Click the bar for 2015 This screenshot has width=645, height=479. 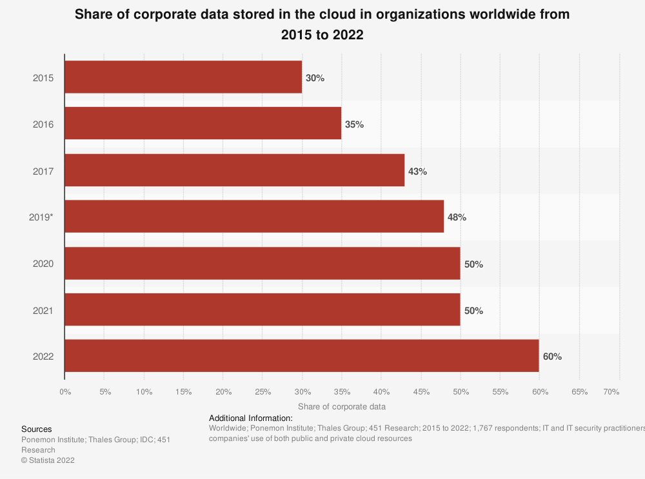183,77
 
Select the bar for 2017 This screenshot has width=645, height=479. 235,170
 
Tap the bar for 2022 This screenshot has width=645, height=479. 302,356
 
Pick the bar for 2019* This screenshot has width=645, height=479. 254,217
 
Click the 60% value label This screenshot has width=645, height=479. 553,357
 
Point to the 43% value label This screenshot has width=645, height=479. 418,171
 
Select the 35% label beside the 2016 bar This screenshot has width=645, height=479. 355,124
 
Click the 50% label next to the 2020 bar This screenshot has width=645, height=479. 474,264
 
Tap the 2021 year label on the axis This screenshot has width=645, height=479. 43,311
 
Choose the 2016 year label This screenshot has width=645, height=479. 43,124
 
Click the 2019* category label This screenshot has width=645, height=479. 41,217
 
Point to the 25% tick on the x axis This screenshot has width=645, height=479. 263,391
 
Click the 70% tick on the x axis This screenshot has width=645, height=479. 611,391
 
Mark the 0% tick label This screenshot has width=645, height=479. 64,391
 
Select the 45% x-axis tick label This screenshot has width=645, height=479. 421,391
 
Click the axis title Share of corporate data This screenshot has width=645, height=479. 342,407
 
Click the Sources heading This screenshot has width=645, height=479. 37,429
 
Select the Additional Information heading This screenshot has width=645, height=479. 251,418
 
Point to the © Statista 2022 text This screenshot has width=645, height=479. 48,460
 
